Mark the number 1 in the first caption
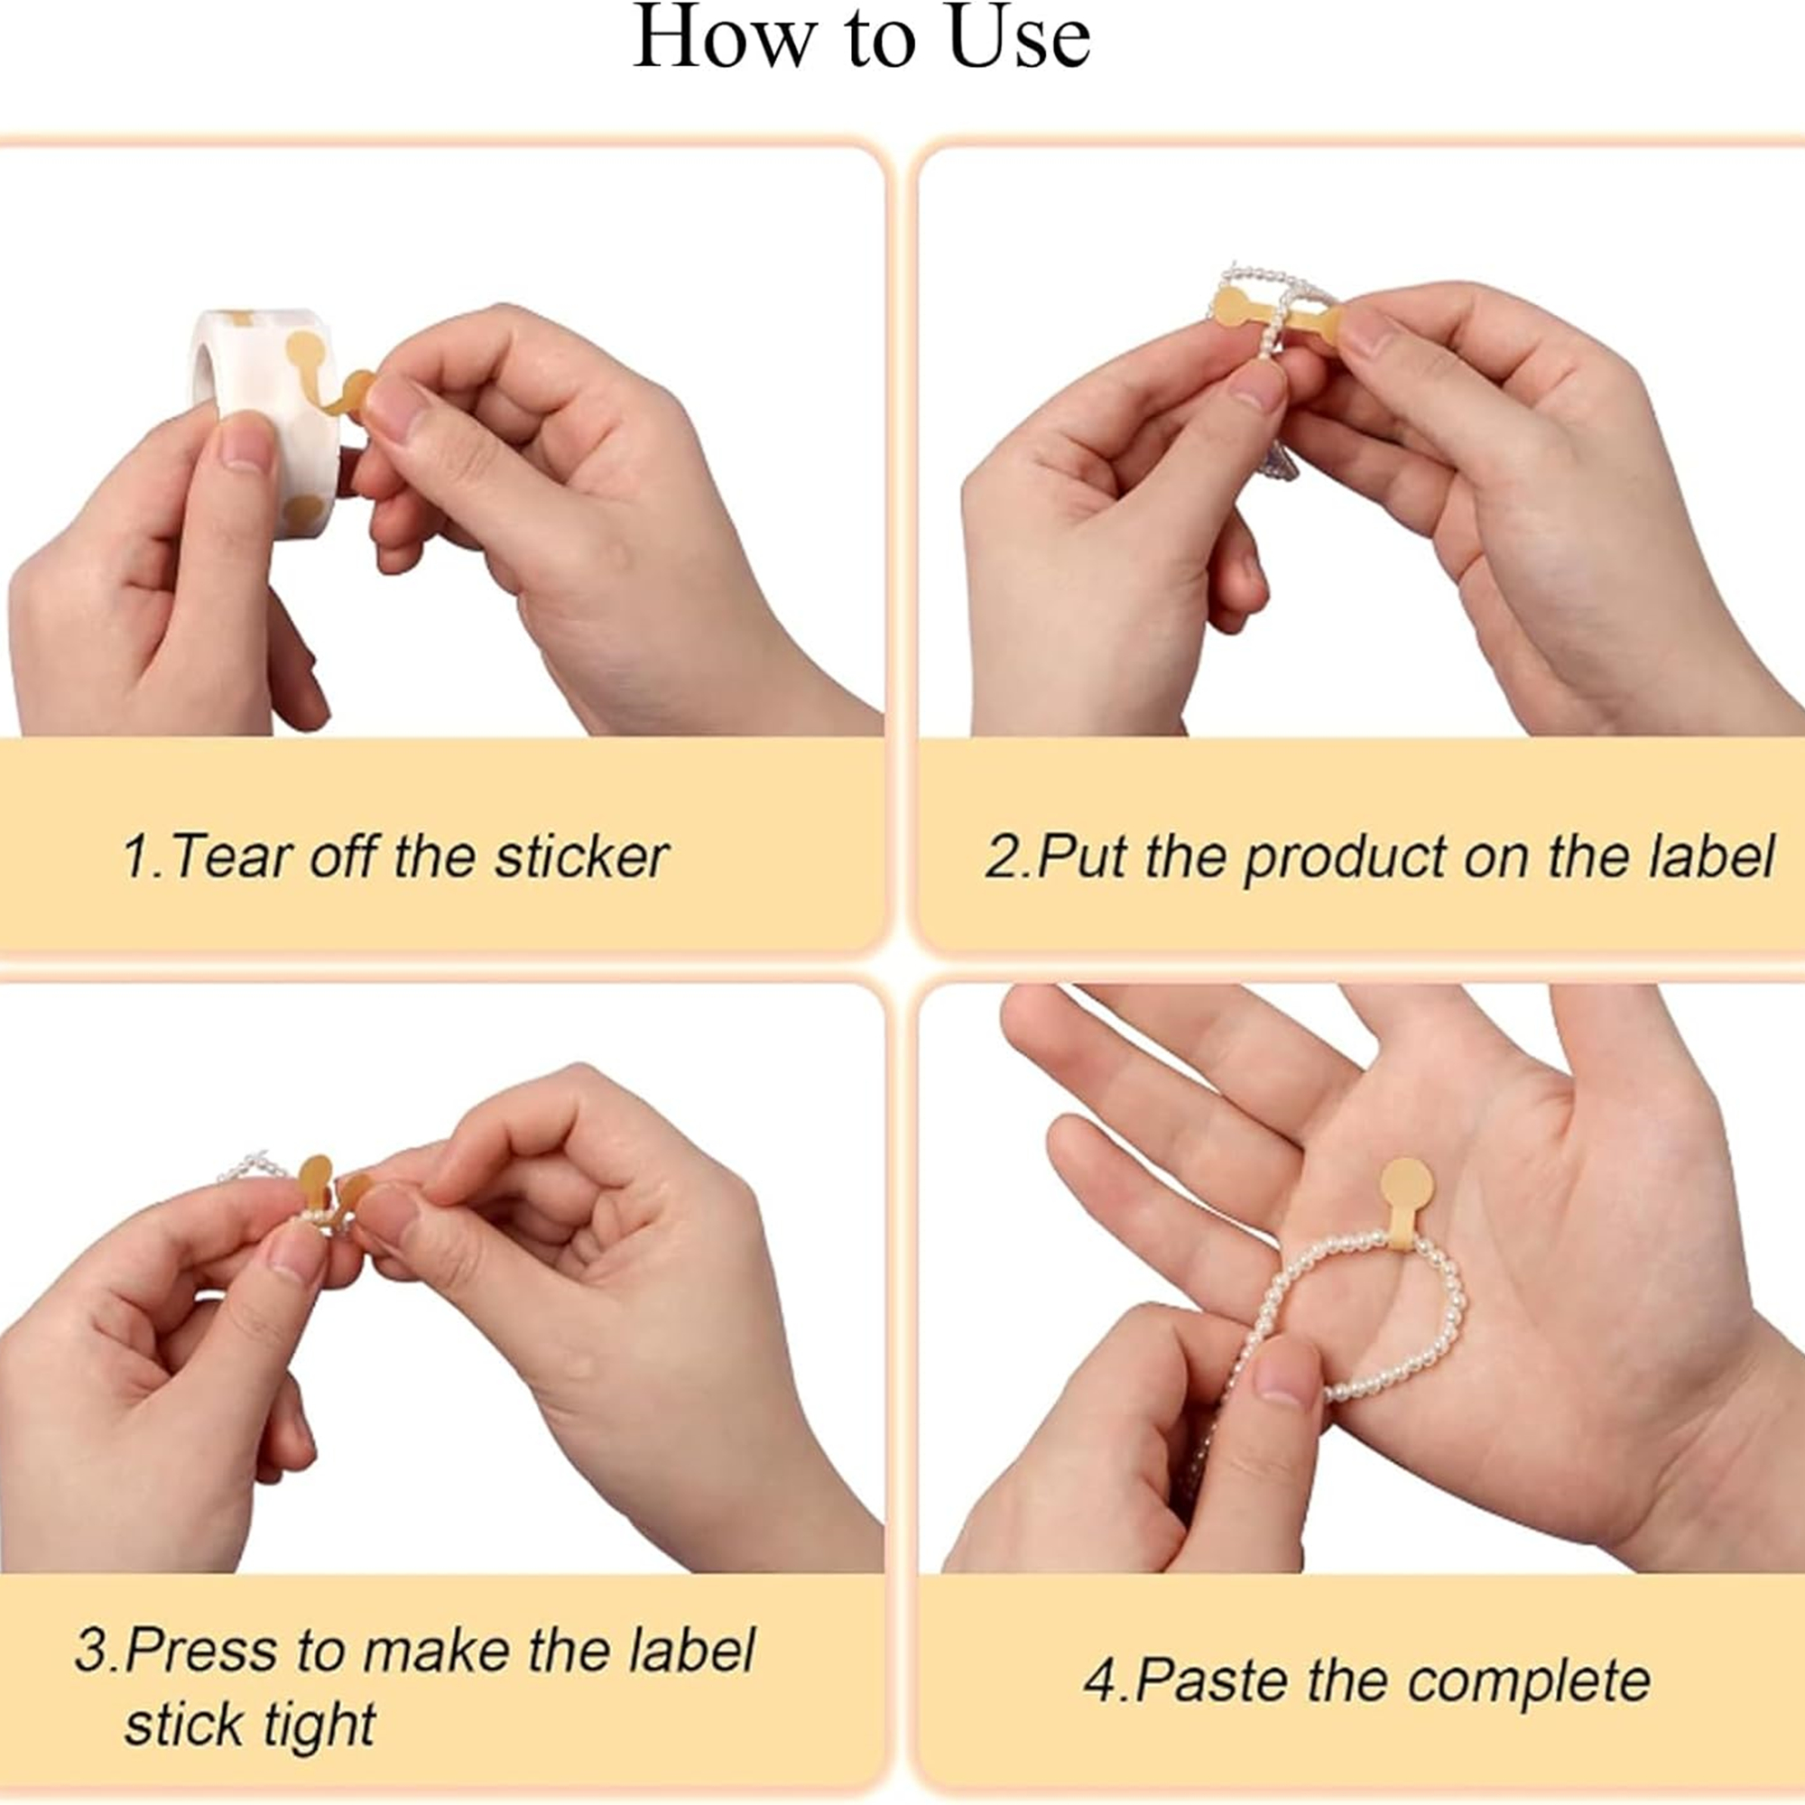(137, 856)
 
